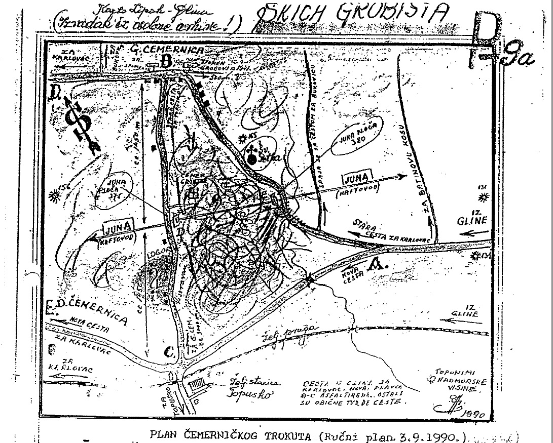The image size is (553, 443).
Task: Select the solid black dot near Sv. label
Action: (253, 159)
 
